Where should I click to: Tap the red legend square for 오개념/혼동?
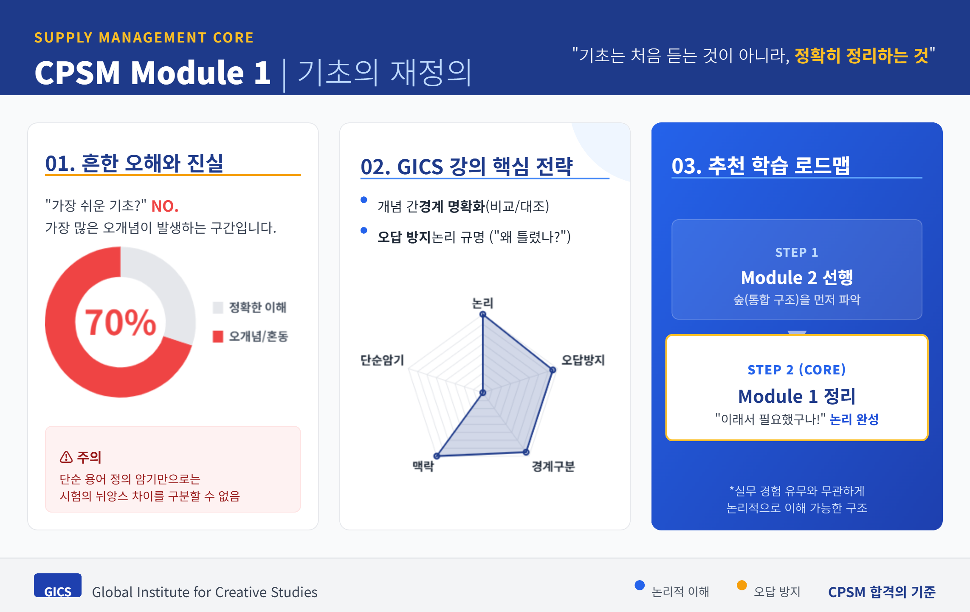(x=218, y=337)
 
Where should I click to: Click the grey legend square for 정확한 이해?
(x=218, y=307)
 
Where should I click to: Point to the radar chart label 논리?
(x=482, y=303)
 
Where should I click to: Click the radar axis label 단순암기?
(x=382, y=360)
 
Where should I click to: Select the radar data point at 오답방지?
(x=553, y=370)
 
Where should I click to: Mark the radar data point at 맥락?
(x=437, y=456)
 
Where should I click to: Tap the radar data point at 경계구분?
(x=526, y=452)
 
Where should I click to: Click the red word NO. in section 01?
(x=165, y=206)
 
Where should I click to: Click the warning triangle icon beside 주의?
(x=66, y=457)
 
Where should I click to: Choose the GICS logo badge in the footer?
(x=58, y=586)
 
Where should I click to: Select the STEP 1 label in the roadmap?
(x=797, y=252)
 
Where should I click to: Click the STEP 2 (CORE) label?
(x=797, y=370)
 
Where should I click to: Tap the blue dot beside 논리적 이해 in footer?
(x=640, y=585)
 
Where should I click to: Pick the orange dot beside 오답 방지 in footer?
(x=742, y=585)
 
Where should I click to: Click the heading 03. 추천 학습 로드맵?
(x=761, y=165)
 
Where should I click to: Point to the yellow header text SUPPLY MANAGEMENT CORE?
(x=144, y=38)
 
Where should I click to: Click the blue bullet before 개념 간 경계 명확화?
(x=364, y=200)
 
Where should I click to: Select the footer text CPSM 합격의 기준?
(x=882, y=592)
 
